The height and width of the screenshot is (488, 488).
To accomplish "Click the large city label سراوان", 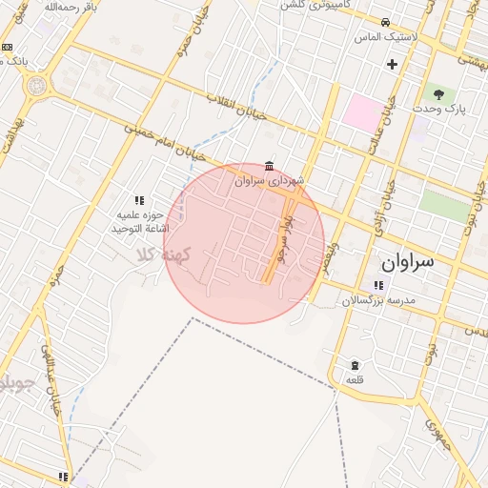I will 407,260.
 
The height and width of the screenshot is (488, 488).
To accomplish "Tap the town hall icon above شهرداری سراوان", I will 270,165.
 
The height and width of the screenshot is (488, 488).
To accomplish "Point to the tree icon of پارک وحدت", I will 438,94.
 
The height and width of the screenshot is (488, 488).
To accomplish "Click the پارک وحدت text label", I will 438,110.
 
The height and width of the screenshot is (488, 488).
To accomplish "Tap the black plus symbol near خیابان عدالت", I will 392,65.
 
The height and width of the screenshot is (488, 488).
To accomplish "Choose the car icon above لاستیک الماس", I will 384,22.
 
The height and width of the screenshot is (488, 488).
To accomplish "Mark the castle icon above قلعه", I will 355,366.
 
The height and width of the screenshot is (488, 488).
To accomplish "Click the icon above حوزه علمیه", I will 139,200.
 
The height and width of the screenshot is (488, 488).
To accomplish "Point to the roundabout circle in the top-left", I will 35,85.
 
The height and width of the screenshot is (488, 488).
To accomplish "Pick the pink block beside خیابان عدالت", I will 360,113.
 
